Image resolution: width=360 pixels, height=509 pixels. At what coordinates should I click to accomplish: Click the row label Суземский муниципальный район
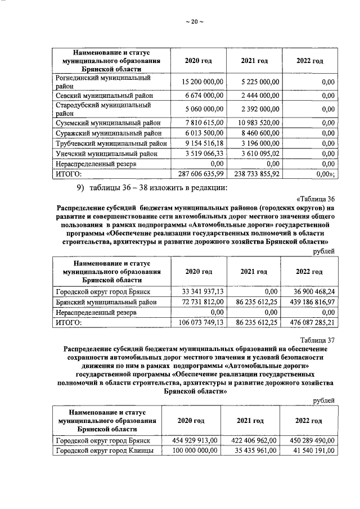click(108, 123)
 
